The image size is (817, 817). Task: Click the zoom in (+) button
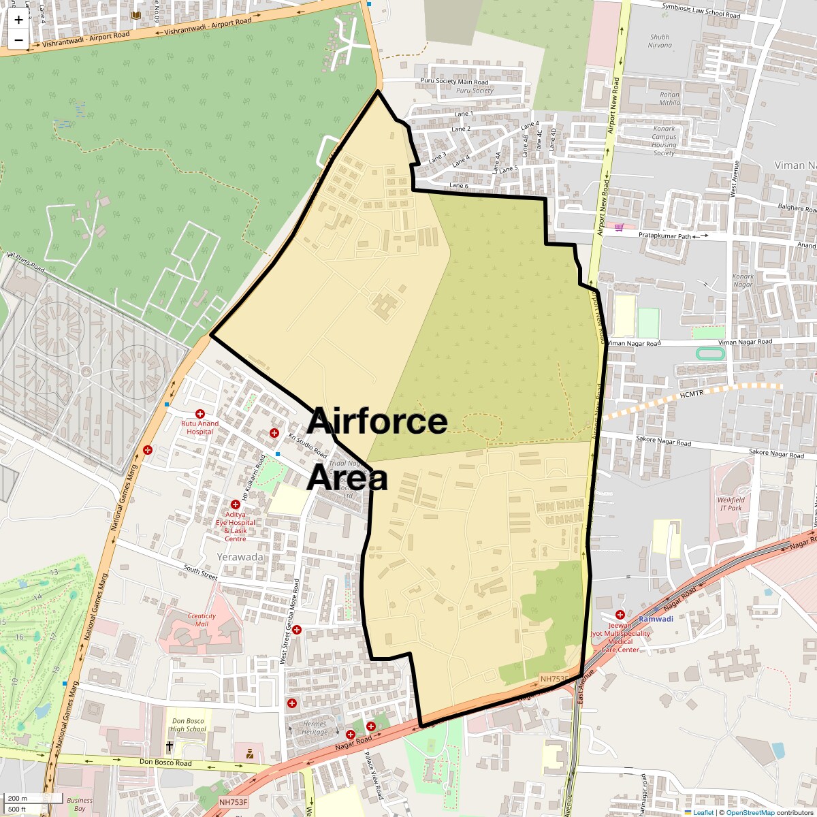[18, 19]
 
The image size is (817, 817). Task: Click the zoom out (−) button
[18, 40]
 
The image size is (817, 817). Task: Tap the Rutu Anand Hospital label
[199, 427]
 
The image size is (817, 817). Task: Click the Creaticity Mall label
[202, 620]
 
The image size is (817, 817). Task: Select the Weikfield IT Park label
[731, 504]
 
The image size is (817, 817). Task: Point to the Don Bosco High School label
[188, 725]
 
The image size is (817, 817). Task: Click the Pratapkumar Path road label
[665, 236]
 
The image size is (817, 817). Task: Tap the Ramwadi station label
[655, 620]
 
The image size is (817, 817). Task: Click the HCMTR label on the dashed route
[694, 395]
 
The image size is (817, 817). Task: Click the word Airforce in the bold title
[377, 421]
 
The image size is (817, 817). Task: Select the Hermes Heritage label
[315, 728]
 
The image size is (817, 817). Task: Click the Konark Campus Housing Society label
[664, 140]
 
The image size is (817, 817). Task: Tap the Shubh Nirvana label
[659, 42]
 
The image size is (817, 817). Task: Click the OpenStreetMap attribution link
[750, 812]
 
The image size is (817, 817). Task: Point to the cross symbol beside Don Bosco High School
[170, 747]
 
